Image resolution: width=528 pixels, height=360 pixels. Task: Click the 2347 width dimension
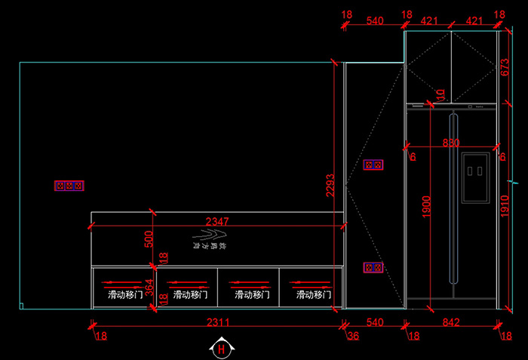(217, 221)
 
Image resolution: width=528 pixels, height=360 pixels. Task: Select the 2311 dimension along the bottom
(218, 322)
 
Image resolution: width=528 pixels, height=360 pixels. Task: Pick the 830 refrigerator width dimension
(451, 143)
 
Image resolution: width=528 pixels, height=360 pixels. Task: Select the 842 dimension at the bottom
(451, 322)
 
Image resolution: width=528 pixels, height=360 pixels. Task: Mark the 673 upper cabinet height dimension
(505, 69)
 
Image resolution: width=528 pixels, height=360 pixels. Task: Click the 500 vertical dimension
(149, 238)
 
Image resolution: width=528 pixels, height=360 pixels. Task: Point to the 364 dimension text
(149, 288)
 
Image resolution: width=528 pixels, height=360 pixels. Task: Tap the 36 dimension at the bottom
(352, 335)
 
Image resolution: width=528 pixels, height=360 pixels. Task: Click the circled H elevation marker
(221, 349)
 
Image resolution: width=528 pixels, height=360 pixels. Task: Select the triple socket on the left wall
(69, 185)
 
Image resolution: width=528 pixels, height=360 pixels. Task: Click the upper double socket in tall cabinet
(373, 165)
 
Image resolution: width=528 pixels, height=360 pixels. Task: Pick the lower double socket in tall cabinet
(373, 267)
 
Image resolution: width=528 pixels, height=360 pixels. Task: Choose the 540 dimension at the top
(374, 20)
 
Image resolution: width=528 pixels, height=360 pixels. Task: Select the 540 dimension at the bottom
(374, 322)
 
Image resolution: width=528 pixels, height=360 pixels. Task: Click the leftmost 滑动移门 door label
(124, 294)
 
